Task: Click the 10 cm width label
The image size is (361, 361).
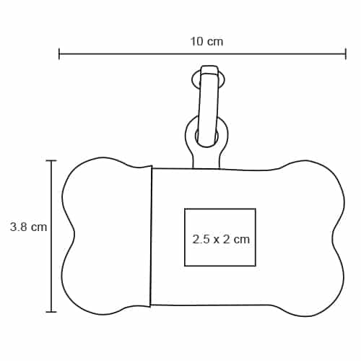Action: pos(206,41)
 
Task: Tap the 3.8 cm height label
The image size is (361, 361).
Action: pos(28,227)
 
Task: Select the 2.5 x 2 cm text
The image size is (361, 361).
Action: pos(221,240)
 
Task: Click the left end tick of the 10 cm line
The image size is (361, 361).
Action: pos(59,54)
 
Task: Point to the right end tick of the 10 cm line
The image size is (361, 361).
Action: pos(346,54)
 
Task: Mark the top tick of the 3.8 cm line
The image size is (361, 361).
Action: pos(51,160)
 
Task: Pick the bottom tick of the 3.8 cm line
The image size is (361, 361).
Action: pos(51,312)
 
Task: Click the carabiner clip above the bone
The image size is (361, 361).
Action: pos(207,106)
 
